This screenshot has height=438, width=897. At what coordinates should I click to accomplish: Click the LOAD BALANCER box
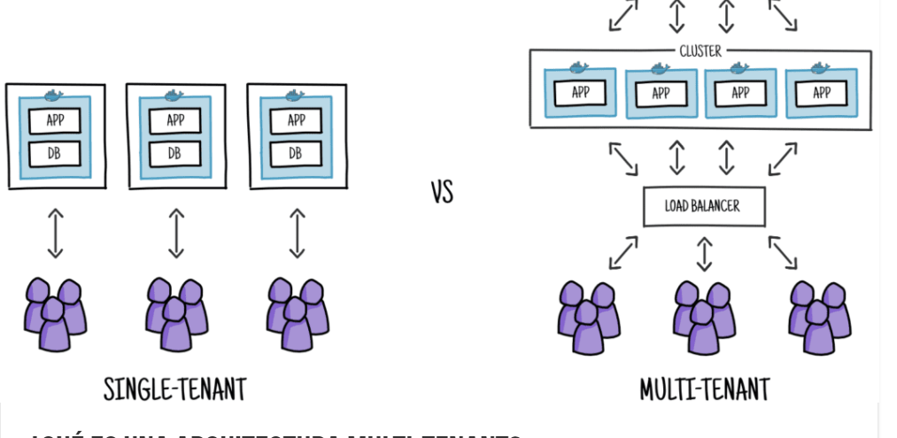[x=703, y=206]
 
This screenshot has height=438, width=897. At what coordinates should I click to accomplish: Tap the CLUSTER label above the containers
[x=700, y=51]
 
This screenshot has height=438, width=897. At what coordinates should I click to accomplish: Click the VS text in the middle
[x=442, y=192]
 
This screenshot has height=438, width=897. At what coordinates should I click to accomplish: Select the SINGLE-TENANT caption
[x=174, y=389]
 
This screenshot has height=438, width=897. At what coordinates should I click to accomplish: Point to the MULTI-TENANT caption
[x=704, y=389]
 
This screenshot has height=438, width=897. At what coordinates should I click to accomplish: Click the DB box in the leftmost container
[x=55, y=154]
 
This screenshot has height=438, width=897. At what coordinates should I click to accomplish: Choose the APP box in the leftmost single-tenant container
[x=55, y=120]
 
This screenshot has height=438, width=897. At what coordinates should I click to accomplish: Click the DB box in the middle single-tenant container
[x=174, y=154]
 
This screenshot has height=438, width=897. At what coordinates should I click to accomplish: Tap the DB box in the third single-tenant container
[x=296, y=154]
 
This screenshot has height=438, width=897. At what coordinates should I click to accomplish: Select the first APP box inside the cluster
[x=580, y=92]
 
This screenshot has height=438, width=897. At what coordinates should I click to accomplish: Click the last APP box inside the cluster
[x=821, y=92]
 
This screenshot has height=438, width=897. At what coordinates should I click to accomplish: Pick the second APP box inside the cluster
[x=661, y=93]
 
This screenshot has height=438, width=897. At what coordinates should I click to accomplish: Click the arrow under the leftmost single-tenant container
[x=55, y=233]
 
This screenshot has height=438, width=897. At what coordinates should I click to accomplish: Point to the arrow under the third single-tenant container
[x=297, y=233]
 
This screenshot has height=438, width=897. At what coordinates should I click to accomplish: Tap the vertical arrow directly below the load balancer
[x=704, y=253]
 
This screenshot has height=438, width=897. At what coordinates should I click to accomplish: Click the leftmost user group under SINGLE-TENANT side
[x=55, y=314]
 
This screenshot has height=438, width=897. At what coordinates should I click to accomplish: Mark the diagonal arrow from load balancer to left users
[x=623, y=252]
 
